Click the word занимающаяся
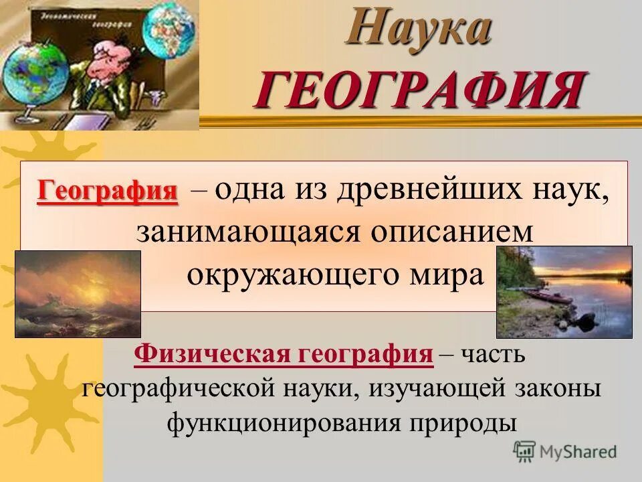(x=243, y=232)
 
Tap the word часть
(x=492, y=354)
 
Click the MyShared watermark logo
(x=565, y=452)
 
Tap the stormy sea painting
(x=78, y=294)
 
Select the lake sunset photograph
(x=564, y=291)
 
